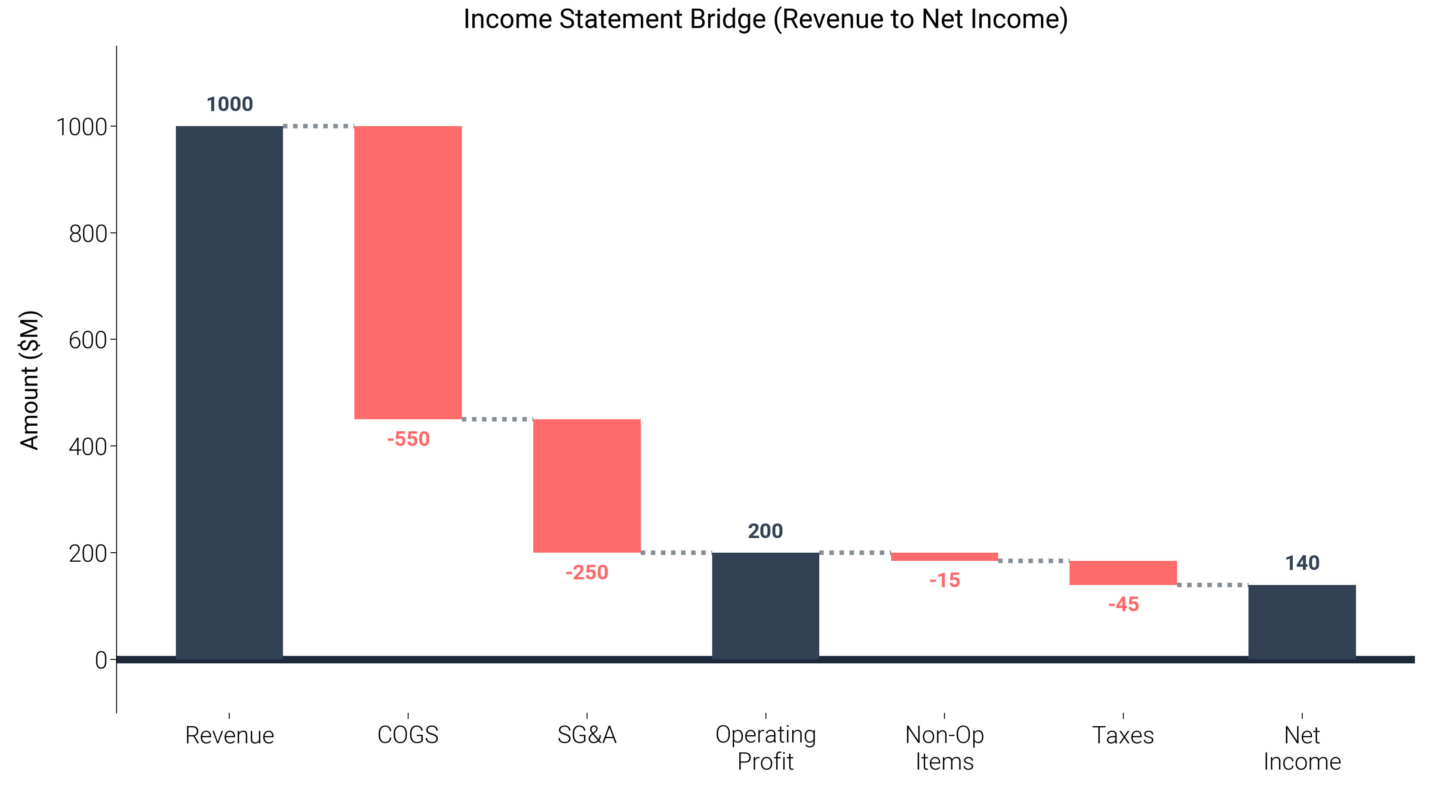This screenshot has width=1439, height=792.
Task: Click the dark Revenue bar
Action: pos(229,391)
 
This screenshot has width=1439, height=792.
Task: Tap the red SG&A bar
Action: pos(587,485)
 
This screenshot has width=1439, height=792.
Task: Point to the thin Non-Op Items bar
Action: pos(944,557)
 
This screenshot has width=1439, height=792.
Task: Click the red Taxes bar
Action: pos(1123,573)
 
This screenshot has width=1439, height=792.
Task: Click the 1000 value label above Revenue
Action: pos(230,105)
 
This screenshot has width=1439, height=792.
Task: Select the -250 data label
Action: pos(587,573)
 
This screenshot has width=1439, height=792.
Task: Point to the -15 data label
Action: pos(944,581)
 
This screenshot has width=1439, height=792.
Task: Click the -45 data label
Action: pos(1123,605)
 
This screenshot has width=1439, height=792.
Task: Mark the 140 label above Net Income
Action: pos(1302,563)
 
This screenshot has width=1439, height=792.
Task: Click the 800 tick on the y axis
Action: pos(88,234)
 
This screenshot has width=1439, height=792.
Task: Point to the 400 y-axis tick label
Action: pos(88,447)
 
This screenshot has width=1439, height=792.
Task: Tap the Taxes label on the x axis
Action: pos(1123,736)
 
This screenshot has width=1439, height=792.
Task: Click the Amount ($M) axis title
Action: pos(30,380)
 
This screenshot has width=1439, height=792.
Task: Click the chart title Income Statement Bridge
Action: pos(766,19)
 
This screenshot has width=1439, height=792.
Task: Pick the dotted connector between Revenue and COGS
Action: pos(318,126)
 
